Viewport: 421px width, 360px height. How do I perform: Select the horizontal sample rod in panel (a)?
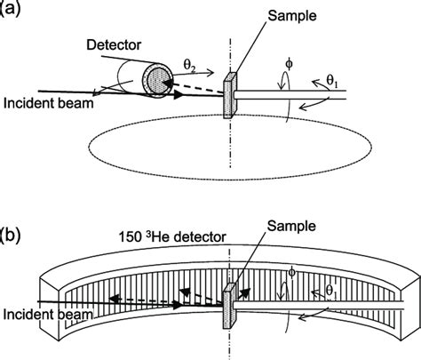302,92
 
